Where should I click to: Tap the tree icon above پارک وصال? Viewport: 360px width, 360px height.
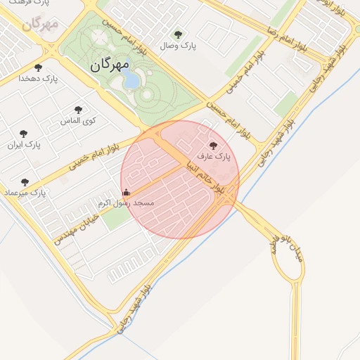point(177,33)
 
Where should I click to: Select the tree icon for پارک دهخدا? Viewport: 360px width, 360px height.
point(37,67)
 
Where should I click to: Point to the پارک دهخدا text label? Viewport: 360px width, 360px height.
point(37,79)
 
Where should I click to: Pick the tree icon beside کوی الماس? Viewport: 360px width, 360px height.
point(78,110)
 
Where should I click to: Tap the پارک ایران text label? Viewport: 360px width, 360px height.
point(25,145)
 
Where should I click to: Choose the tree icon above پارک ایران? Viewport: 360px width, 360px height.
point(24,133)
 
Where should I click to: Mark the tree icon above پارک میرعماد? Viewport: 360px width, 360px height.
point(25,181)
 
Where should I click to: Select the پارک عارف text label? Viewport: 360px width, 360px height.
point(213,156)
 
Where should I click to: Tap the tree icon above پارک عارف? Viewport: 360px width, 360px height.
point(213,145)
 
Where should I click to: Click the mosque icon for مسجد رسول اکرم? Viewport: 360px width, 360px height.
point(127,192)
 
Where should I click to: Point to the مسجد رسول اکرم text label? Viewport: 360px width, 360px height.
point(127,202)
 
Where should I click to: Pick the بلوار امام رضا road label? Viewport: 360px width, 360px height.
point(288,39)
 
